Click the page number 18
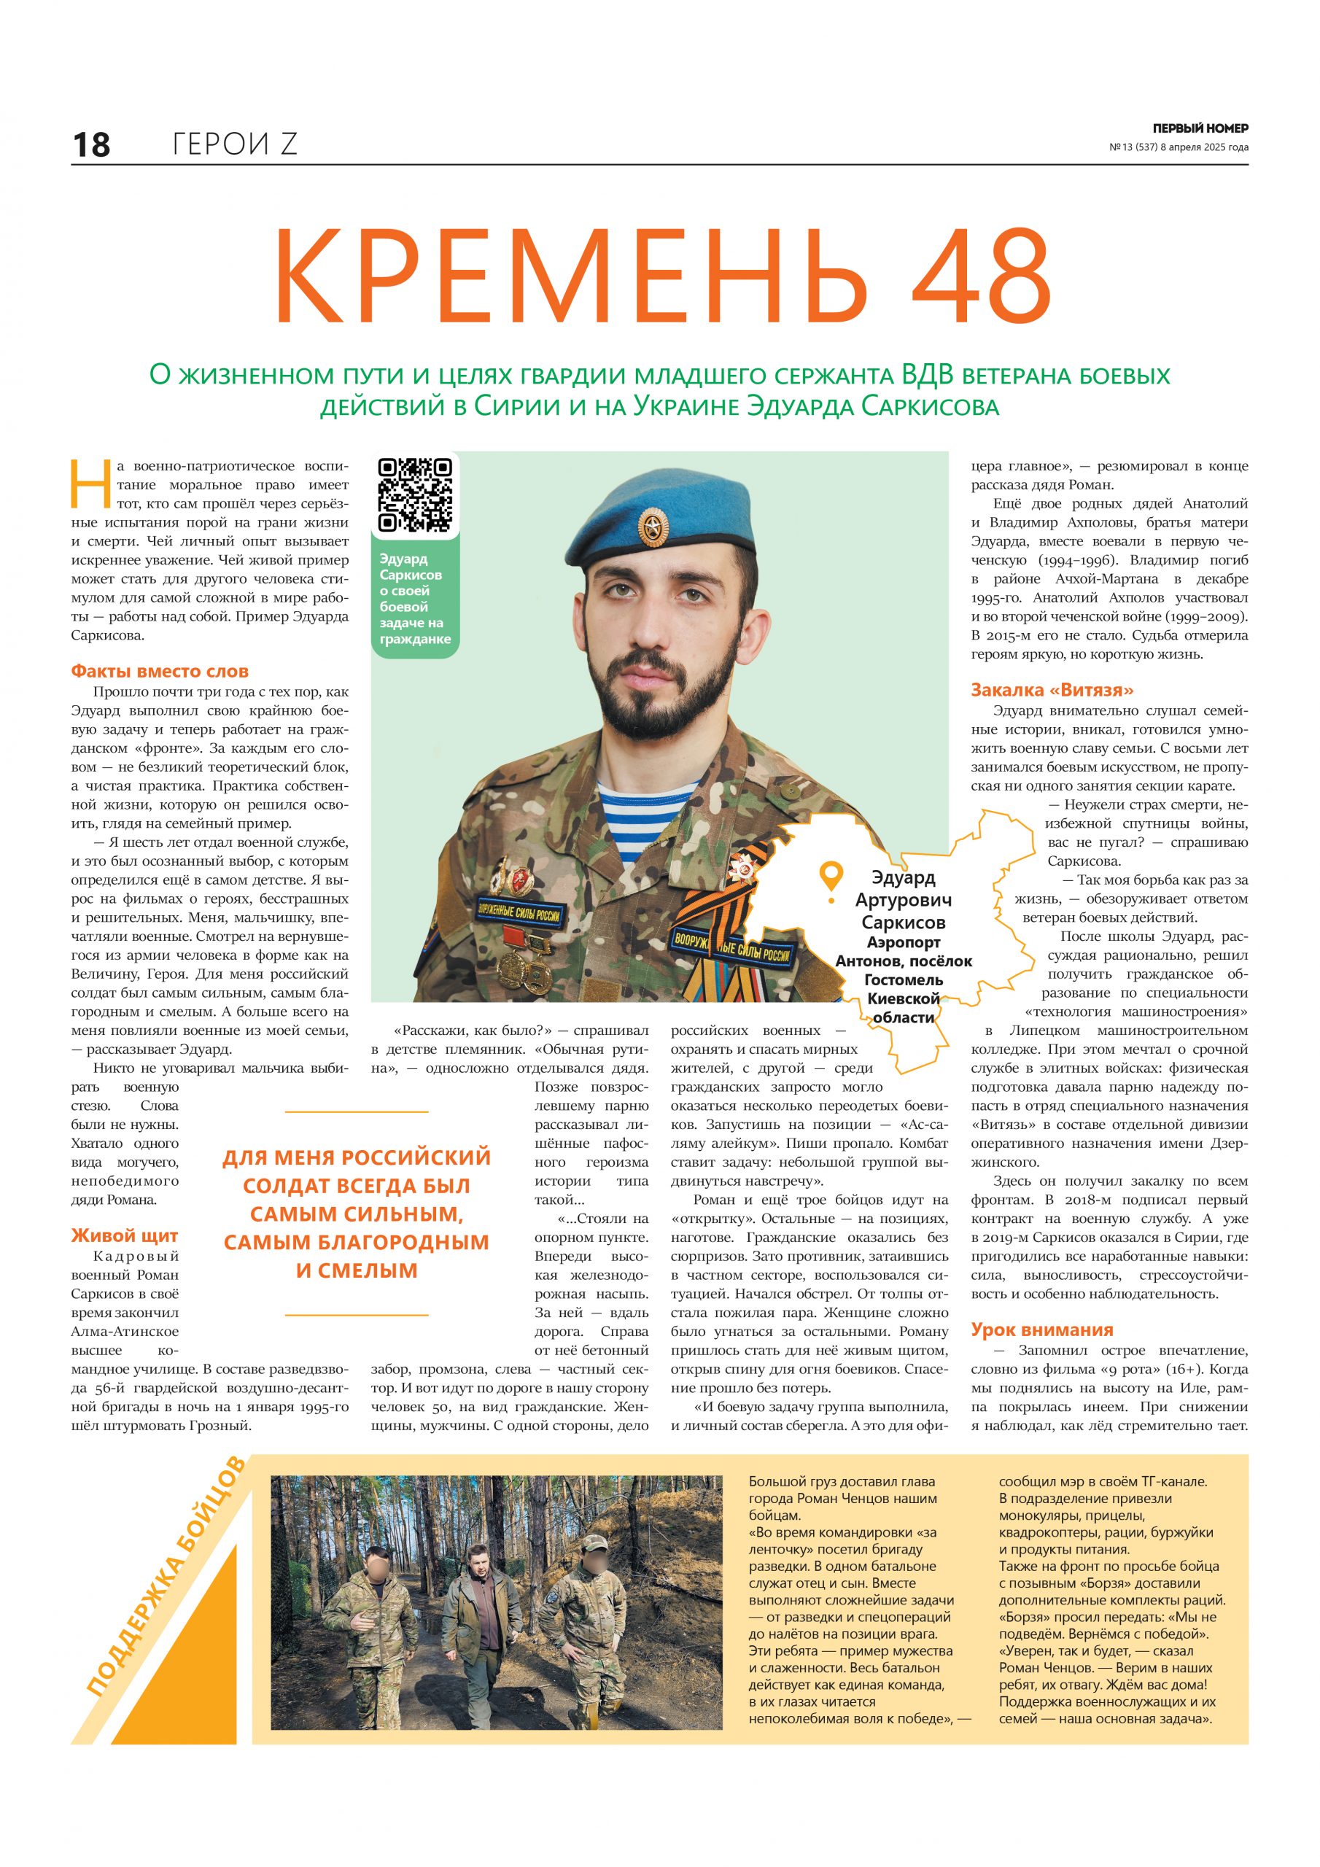point(91,144)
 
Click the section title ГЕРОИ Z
point(235,144)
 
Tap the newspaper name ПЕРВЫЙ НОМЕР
point(1200,128)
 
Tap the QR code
point(415,494)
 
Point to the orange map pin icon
point(831,879)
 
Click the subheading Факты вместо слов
point(160,672)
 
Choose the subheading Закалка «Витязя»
point(1052,691)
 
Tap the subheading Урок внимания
point(1042,1330)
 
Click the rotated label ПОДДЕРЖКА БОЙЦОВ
point(164,1575)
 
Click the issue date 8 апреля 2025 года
point(1204,147)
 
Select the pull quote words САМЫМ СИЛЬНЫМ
point(356,1214)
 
